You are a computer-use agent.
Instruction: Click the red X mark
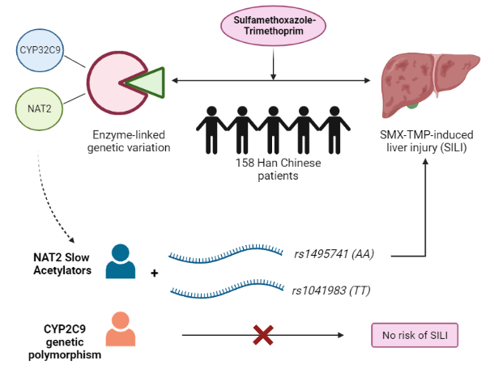(262, 334)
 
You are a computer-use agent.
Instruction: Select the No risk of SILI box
(414, 335)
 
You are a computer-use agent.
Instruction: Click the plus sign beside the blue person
(154, 272)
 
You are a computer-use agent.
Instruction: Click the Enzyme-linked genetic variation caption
(132, 142)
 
